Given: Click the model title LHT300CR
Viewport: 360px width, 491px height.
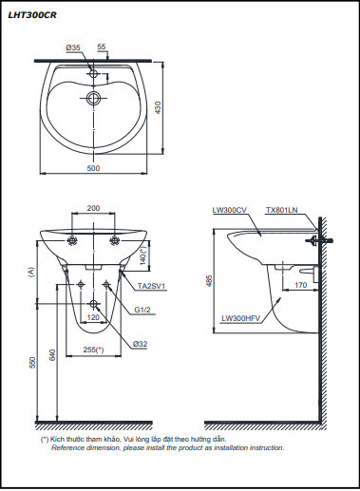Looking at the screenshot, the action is pyautogui.click(x=32, y=15).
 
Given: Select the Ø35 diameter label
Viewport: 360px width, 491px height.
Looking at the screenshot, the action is pyautogui.click(x=73, y=47).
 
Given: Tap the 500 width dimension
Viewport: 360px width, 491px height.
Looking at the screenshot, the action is pyautogui.click(x=93, y=168).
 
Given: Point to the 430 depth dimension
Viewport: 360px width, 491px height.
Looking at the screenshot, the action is pyautogui.click(x=158, y=107).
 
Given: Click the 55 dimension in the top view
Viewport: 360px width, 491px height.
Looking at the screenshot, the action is pyautogui.click(x=102, y=47).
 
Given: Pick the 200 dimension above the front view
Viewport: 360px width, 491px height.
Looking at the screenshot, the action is pyautogui.click(x=93, y=208).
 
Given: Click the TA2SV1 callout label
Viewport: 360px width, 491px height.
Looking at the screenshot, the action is pyautogui.click(x=151, y=287).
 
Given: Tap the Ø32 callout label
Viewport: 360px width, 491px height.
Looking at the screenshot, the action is pyautogui.click(x=141, y=344).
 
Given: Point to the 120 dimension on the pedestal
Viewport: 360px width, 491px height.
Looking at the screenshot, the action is pyautogui.click(x=93, y=317).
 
